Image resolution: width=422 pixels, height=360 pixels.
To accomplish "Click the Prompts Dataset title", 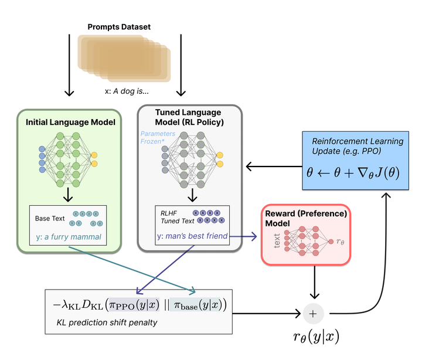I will [x=119, y=27].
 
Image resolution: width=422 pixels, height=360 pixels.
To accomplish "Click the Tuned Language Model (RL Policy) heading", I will [x=188, y=117].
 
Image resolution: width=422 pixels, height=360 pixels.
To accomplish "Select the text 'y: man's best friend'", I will [x=192, y=237].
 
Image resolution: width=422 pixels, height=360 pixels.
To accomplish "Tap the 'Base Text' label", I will [x=50, y=218].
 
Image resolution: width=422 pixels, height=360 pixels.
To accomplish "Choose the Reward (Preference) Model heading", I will [x=307, y=219].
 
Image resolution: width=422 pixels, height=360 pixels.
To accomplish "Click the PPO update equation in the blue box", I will [x=349, y=172].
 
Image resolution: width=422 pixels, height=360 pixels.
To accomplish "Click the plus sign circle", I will [x=312, y=314].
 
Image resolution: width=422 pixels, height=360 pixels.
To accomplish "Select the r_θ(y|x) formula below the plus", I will [x=315, y=337].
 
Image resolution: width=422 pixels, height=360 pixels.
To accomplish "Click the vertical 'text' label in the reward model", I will [x=277, y=240].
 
